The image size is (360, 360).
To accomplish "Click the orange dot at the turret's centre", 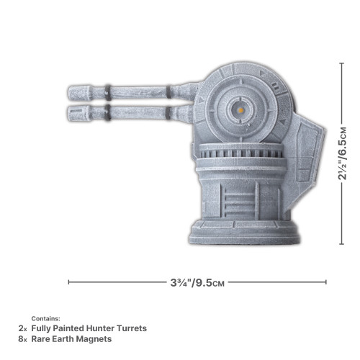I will [x=238, y=109].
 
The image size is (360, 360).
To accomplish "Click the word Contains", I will [x=46, y=318].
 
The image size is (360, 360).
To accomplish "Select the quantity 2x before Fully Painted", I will [x=22, y=328].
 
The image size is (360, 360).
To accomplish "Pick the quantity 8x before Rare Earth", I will [x=22, y=338].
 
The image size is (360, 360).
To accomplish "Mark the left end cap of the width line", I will [x=68, y=283].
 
